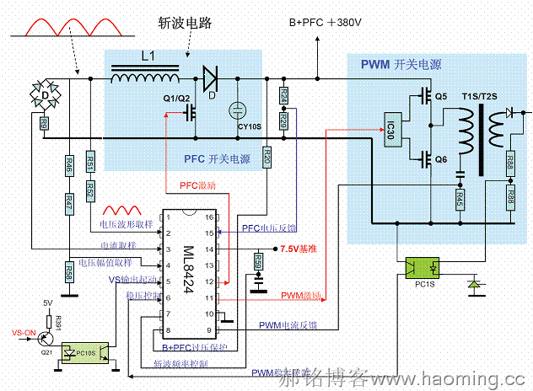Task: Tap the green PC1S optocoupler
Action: tap(423, 269)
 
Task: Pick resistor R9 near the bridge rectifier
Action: tap(43, 124)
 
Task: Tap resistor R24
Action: tap(283, 96)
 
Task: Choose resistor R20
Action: tap(267, 157)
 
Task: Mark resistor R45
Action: tap(460, 200)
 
